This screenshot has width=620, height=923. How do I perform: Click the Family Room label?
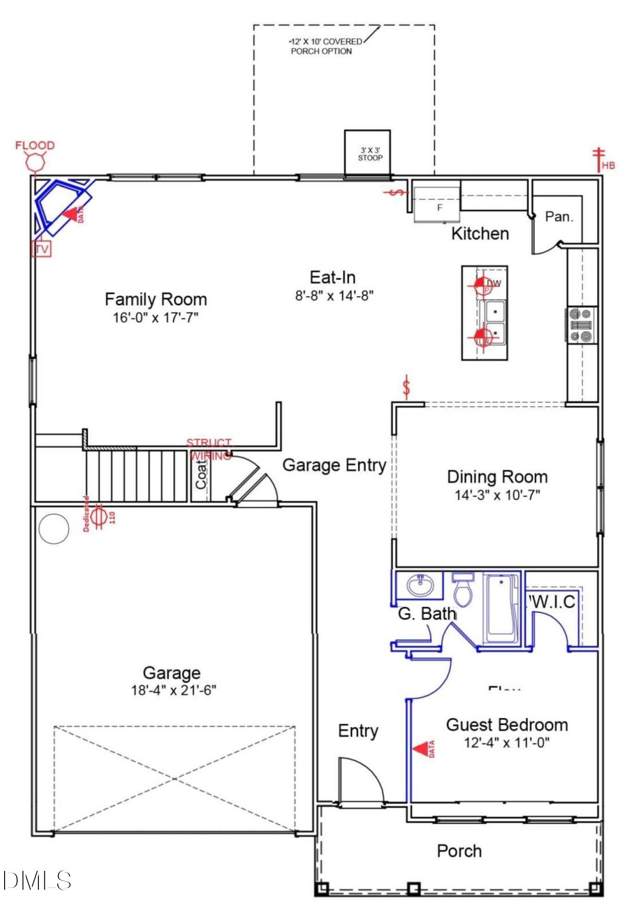point(156,300)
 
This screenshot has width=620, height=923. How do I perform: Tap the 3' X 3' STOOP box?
point(367,153)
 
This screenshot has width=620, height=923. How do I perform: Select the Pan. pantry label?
point(559,216)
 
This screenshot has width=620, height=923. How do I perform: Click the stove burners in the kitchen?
point(581,325)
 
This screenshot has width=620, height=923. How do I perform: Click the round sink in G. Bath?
point(420,586)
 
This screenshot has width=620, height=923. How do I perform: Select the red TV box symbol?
point(41,249)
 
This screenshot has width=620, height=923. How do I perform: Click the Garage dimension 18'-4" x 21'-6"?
point(174,690)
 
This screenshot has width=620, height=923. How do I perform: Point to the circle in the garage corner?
point(54,528)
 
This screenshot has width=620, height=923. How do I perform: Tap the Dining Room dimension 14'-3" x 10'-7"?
point(497,495)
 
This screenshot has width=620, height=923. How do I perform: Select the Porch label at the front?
point(459,851)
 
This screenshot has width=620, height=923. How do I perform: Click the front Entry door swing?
point(360,780)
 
